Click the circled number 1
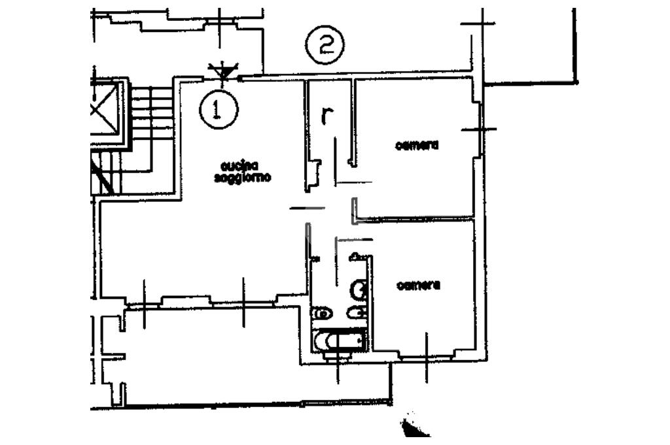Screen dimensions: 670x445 (219, 109)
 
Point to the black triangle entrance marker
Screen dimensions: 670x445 (222, 71)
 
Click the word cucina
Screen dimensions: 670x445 (239, 166)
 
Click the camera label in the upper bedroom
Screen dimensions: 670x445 (417, 146)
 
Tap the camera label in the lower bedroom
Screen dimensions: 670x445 (419, 285)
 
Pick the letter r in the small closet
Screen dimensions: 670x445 (328, 116)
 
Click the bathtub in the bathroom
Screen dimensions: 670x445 (339, 341)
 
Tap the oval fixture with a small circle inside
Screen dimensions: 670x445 (322, 314)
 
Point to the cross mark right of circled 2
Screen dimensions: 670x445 (478, 24)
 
